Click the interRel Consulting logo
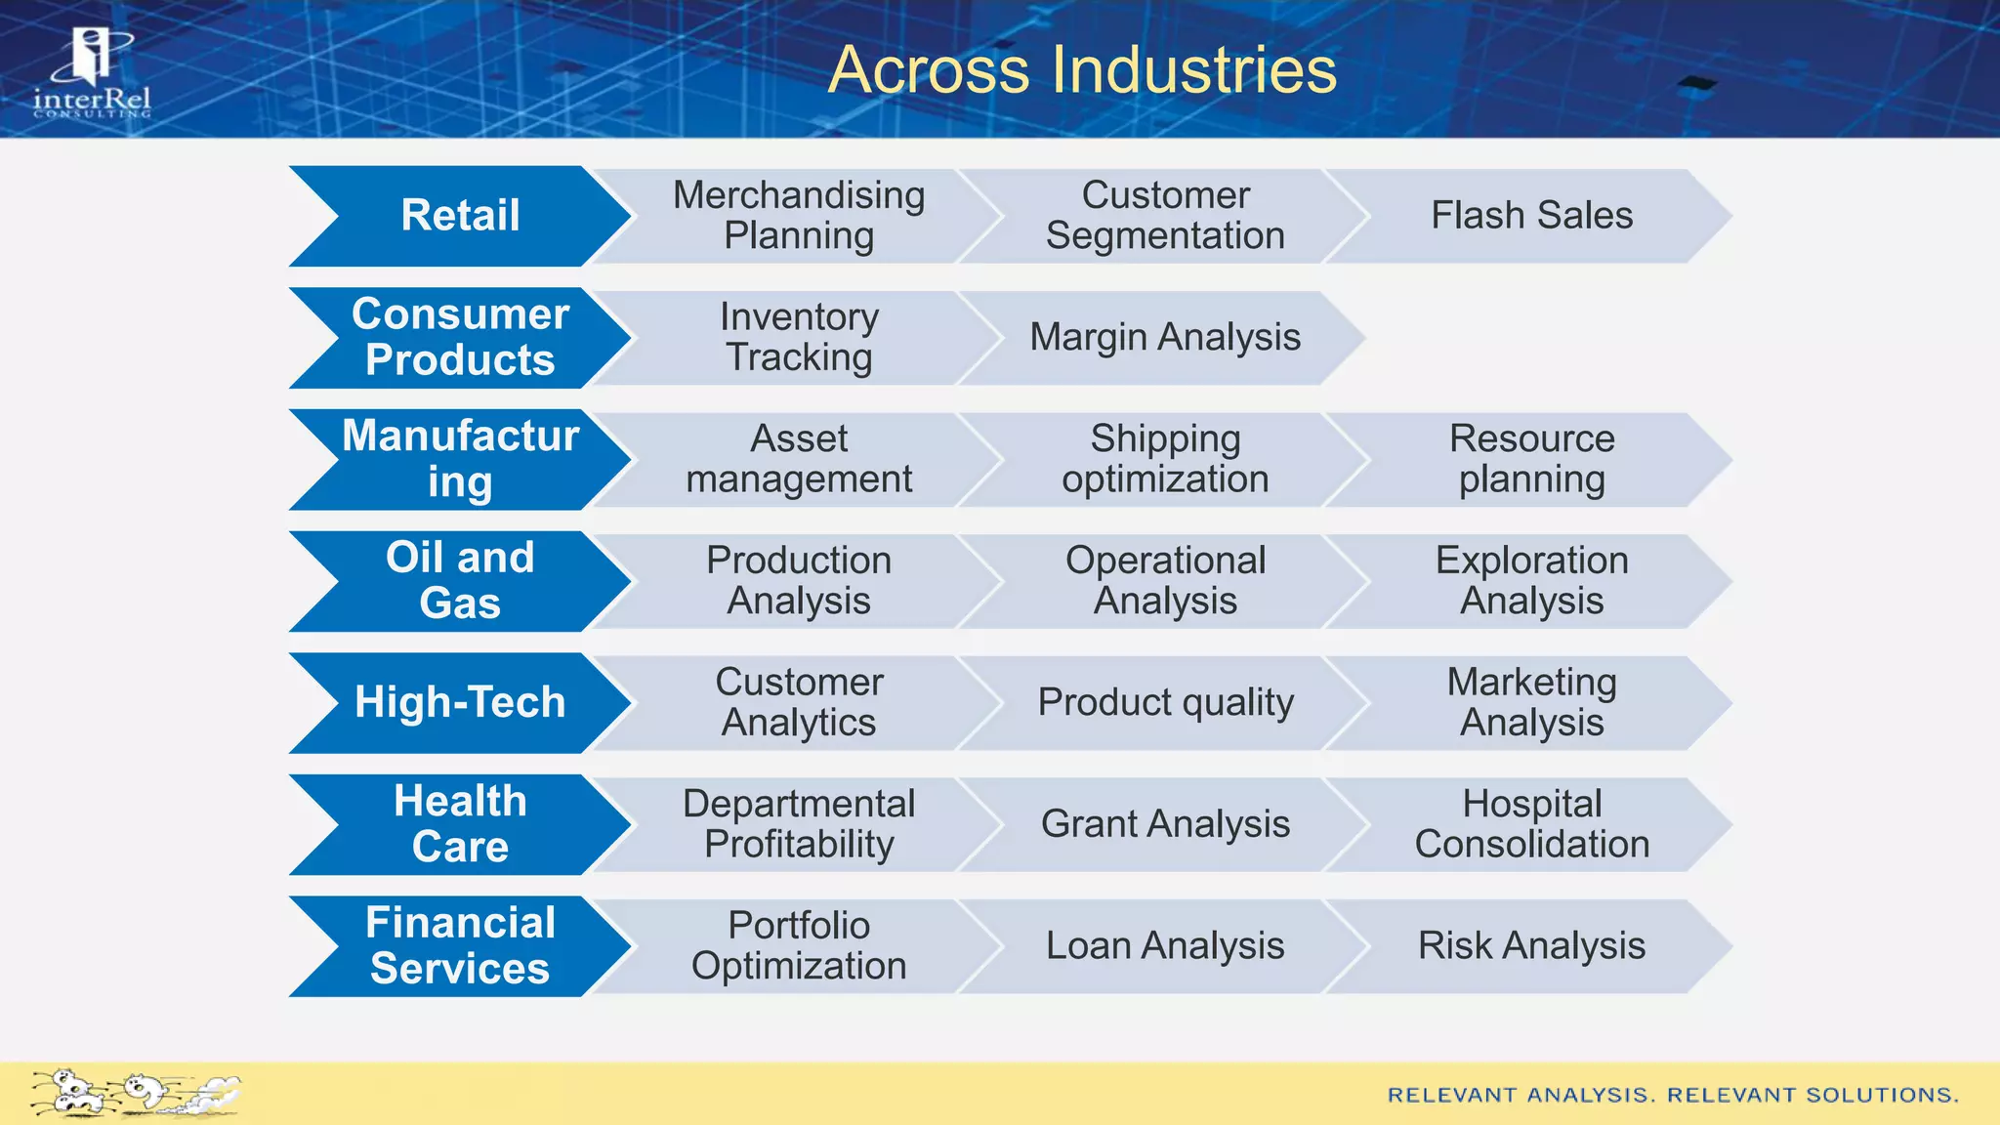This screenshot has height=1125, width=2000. click(92, 74)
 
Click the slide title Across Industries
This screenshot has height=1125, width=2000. click(1082, 70)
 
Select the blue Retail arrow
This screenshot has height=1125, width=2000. click(460, 216)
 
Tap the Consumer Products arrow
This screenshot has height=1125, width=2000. click(460, 337)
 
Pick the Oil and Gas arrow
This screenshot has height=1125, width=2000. click(460, 580)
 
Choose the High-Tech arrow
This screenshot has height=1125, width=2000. click(460, 702)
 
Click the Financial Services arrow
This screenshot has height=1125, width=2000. click(460, 945)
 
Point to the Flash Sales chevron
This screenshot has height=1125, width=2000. click(1531, 216)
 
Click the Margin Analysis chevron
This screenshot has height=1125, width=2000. click(1164, 337)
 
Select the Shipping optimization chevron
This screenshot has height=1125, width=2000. click(1164, 459)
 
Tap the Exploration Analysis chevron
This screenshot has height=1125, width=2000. click(1531, 580)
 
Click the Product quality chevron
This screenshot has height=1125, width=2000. click(1164, 702)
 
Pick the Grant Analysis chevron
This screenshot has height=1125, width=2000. click(1164, 824)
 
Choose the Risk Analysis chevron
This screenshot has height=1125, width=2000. click(1531, 945)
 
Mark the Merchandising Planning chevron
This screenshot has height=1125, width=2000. click(798, 216)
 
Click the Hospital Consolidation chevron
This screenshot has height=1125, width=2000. click(1531, 824)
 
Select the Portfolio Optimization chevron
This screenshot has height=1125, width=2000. click(798, 945)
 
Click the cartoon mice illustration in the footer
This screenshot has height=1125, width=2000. click(135, 1094)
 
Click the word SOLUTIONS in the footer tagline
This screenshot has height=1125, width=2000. click(1882, 1096)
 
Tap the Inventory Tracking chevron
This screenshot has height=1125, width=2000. click(798, 337)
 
